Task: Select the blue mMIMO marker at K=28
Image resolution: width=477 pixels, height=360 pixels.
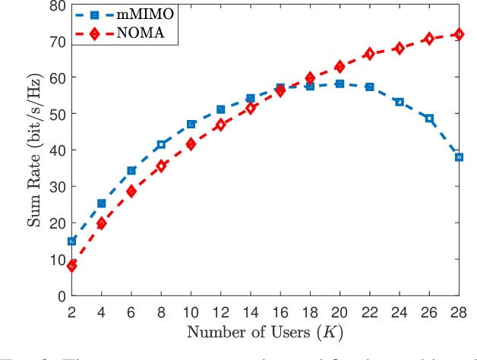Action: (459, 157)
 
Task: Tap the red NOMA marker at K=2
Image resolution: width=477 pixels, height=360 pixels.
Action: (72, 266)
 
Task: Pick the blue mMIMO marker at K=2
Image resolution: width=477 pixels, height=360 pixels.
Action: (72, 242)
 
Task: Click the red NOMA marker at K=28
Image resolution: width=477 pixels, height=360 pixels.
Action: (459, 34)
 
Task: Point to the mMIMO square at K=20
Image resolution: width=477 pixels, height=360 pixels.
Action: (340, 84)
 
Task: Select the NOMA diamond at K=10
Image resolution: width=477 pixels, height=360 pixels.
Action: (191, 144)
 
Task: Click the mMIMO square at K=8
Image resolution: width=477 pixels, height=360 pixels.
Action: (161, 144)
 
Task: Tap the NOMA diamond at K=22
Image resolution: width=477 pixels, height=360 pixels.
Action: (369, 54)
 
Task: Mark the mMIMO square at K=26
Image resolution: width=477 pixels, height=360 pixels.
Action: (429, 118)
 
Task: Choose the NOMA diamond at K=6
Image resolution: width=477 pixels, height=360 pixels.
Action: (131, 191)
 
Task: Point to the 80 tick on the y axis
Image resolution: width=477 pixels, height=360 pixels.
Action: (56, 5)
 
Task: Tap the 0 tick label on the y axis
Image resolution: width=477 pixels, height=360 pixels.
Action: (60, 296)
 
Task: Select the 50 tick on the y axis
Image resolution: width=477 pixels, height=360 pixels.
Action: (56, 114)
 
